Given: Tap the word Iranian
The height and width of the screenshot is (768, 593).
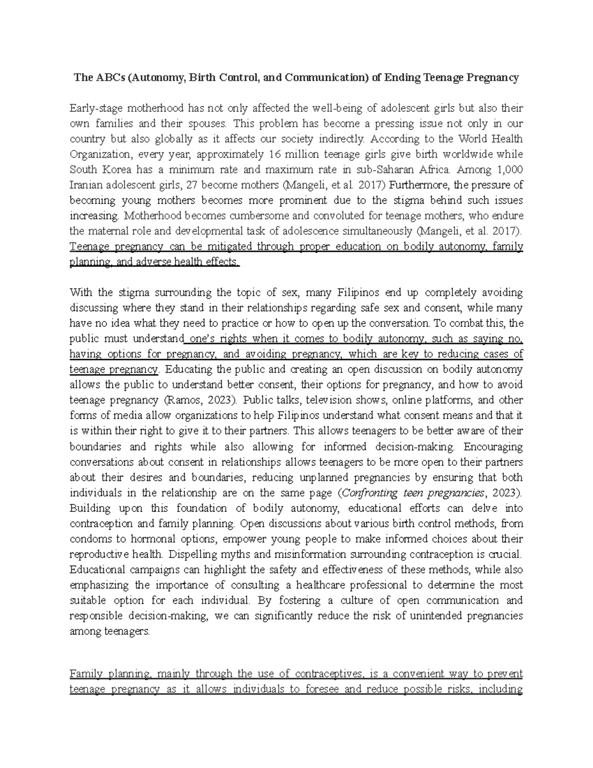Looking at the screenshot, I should click(86, 185).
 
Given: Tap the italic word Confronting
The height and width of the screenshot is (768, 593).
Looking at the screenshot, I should click(370, 493).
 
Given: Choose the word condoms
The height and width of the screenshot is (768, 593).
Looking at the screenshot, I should click(87, 539).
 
